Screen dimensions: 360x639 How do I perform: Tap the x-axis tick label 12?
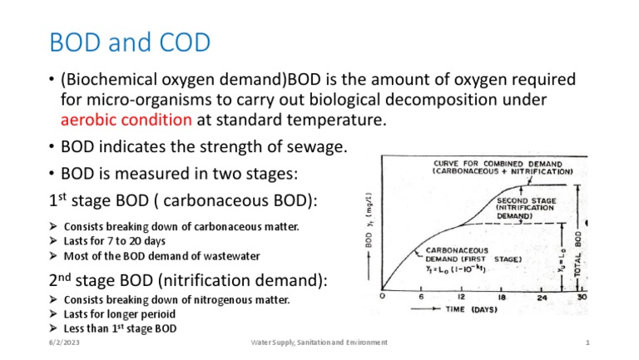459,297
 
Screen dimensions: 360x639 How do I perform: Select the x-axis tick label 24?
542,297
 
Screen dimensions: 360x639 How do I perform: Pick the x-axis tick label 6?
421,297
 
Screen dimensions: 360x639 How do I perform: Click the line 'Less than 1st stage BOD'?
120,328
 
